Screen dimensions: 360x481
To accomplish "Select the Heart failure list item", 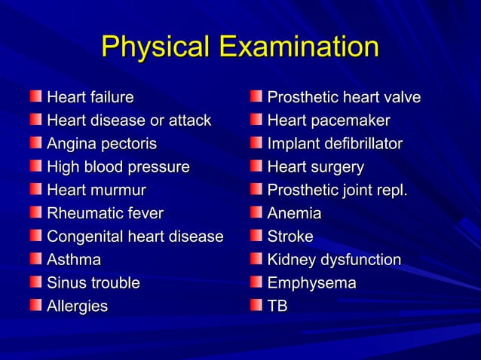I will pos(90,97).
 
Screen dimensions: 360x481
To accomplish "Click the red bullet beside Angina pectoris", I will pos(36,143).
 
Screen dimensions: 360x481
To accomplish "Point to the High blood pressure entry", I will pos(118,166).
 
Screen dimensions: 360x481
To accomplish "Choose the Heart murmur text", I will pos(97,190).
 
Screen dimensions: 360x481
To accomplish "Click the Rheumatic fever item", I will pos(105,213).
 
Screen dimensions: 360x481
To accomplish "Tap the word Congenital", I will pos(84,236).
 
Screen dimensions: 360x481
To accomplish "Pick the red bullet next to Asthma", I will pos(36,260).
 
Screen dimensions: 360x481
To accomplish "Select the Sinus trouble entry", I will pos(93,283).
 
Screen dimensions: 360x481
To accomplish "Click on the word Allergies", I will pos(78,307).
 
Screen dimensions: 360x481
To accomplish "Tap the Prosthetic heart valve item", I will pos(344,97).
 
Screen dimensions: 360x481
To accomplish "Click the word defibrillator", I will pos(361,143).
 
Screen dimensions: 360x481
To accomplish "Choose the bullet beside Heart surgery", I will pos(256,166).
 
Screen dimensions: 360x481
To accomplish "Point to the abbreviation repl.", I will pos(389,190).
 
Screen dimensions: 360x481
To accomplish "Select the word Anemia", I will pos(294,213).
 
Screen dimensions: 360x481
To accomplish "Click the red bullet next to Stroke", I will pos(256,236).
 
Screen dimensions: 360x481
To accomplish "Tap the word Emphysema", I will pos(312,283).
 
